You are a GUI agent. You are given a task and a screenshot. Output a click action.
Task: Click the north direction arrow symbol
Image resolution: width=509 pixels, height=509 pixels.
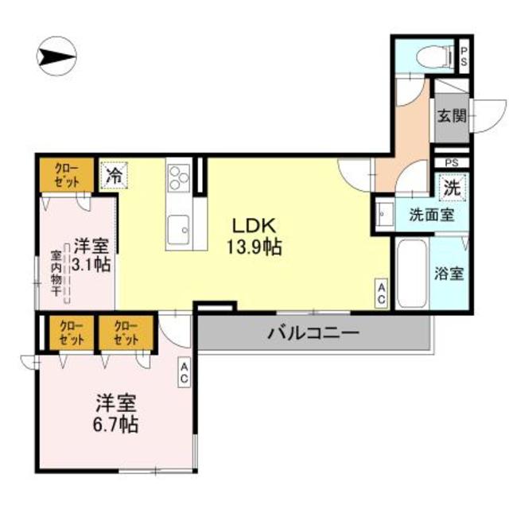[x=56, y=56]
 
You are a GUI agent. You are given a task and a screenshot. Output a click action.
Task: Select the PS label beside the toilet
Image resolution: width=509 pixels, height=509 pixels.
[x=464, y=56]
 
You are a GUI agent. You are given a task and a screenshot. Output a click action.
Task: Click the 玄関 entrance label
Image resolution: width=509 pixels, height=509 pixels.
[x=450, y=115]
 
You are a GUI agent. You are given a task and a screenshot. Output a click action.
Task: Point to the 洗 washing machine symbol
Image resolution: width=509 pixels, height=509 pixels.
[x=451, y=189]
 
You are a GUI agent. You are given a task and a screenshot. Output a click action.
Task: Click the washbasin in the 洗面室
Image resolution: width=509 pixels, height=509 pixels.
[x=385, y=214]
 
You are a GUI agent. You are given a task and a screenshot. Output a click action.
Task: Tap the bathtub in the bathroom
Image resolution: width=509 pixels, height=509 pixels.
[x=411, y=273]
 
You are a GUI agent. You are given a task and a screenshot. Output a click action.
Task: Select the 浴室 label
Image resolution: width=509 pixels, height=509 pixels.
[x=449, y=273]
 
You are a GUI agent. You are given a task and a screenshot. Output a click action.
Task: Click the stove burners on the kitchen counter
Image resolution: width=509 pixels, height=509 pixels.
[x=178, y=174]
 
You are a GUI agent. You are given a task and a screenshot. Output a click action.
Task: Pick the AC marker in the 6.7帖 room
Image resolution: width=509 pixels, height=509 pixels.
[x=184, y=373]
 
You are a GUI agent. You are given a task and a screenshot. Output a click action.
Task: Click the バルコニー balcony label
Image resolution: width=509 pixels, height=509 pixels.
[x=313, y=332]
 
